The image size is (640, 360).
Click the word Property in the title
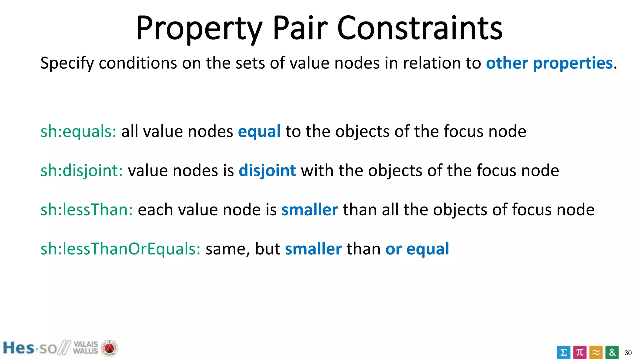coord(199,29)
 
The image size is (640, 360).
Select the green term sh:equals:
coord(78,131)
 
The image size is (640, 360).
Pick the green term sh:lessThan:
coord(87,210)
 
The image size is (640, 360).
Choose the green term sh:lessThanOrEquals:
coord(120,249)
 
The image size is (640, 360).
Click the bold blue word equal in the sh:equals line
coord(259,132)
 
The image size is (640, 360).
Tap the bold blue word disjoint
coord(267,171)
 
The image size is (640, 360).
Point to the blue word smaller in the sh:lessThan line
coord(309,210)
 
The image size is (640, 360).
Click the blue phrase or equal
coord(417,249)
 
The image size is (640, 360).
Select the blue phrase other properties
coord(549,63)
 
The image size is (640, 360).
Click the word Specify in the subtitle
coord(67,63)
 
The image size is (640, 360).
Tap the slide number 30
coord(628,353)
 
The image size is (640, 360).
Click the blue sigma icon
coord(563,352)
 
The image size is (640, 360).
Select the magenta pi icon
coord(580,352)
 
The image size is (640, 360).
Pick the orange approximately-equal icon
coord(596,352)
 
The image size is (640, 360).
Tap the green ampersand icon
coord(612,352)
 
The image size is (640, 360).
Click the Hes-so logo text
coord(30,348)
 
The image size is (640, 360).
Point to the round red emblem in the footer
coord(109,348)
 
